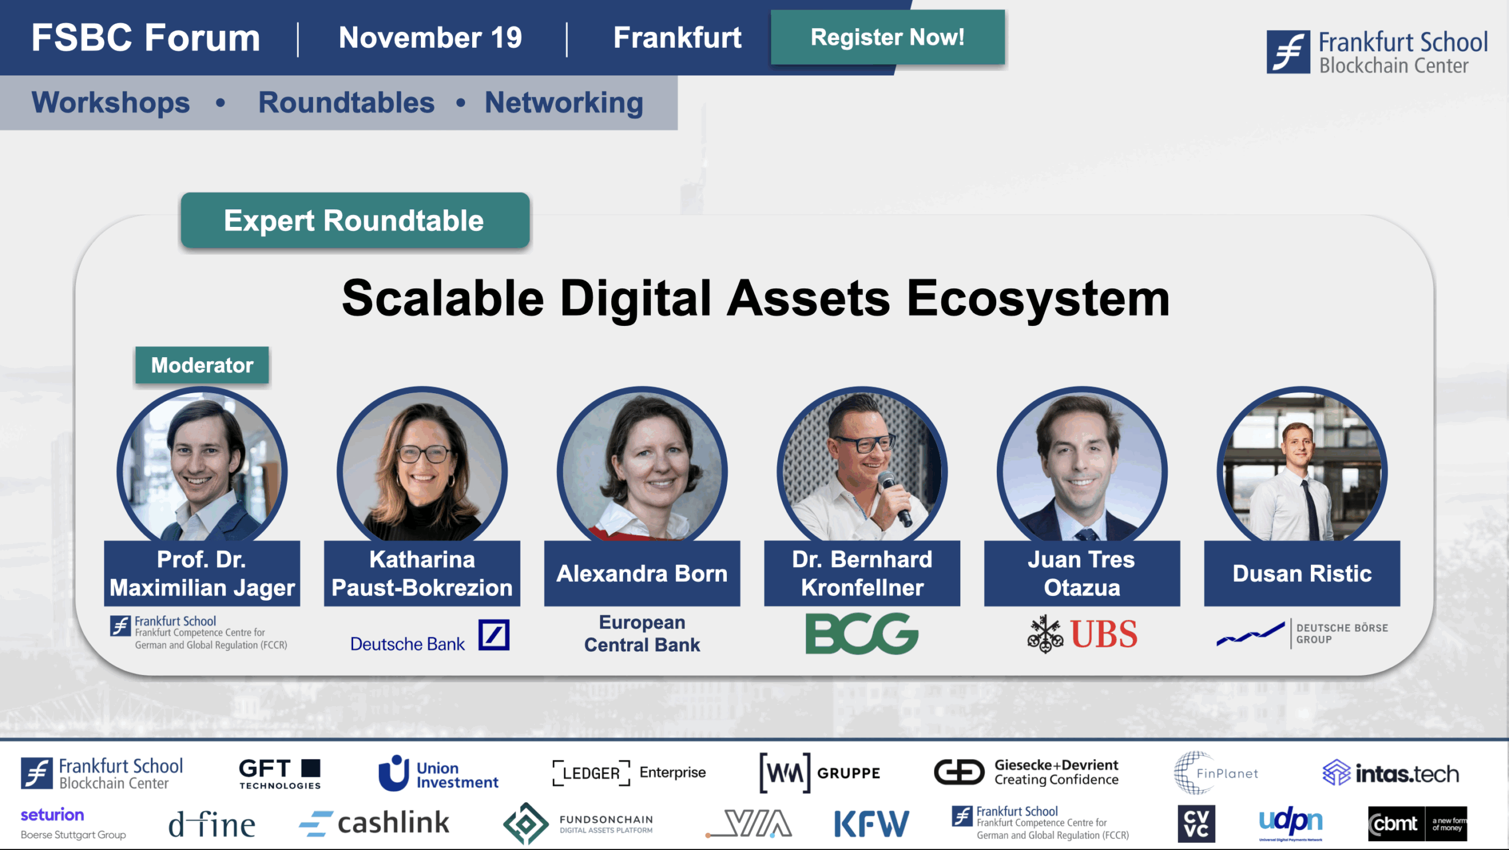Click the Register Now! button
[888, 37]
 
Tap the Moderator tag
[202, 365]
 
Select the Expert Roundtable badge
[355, 220]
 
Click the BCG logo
[862, 634]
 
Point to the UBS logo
[1082, 634]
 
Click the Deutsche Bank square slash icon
[494, 635]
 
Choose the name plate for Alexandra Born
[642, 574]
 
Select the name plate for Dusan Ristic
[1302, 574]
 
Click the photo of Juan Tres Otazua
[1082, 466]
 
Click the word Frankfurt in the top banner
[677, 38]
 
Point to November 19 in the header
[430, 38]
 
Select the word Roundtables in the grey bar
[347, 103]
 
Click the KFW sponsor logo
[872, 823]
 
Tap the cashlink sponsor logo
[374, 823]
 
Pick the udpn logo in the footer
[1291, 823]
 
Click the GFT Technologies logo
[280, 773]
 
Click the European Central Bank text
[642, 634]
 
